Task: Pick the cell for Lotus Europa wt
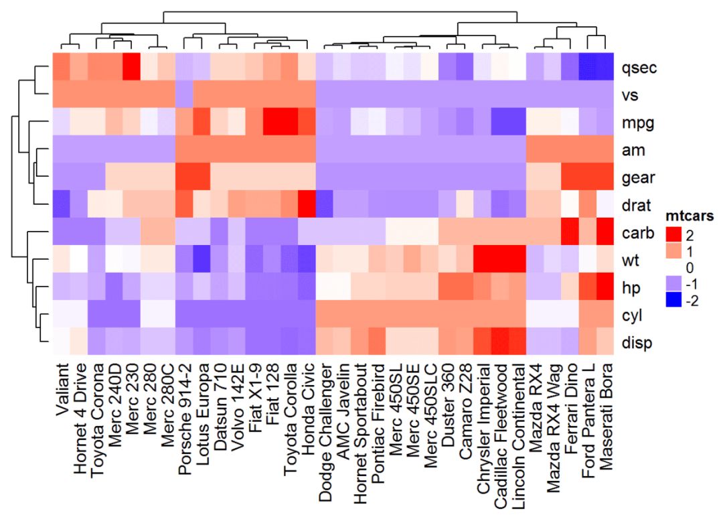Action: [x=202, y=260]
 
